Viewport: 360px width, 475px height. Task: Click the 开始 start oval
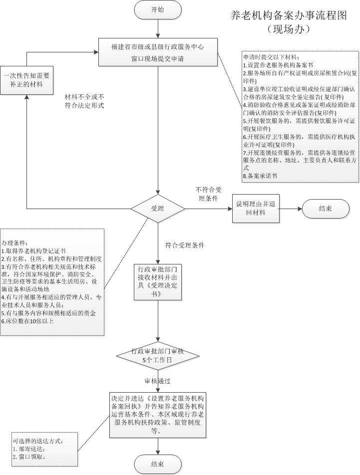157,10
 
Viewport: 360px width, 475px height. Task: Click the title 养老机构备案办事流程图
289,15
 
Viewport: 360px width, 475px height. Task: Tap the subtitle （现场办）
289,29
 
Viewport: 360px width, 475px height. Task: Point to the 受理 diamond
158,209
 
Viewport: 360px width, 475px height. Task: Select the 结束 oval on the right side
326,209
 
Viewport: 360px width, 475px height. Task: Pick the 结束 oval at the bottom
157,465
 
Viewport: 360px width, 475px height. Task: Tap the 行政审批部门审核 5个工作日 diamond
157,355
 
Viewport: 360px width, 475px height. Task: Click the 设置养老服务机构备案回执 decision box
158,415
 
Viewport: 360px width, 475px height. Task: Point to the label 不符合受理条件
209,194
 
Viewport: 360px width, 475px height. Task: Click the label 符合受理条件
185,245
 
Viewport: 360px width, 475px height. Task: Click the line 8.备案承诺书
260,176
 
